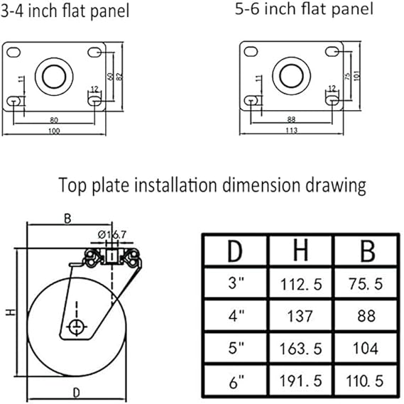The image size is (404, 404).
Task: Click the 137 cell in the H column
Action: click(x=300, y=316)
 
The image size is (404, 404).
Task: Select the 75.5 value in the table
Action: click(x=366, y=284)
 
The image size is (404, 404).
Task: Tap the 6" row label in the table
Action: click(x=236, y=382)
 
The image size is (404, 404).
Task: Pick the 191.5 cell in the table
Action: click(x=300, y=381)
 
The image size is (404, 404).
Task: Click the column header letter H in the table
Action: click(x=300, y=250)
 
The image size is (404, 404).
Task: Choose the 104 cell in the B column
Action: click(x=366, y=349)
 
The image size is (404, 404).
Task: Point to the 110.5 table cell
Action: click(x=364, y=381)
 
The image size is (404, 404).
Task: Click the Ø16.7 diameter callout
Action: click(x=112, y=235)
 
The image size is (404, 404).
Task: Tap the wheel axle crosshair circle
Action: click(x=77, y=327)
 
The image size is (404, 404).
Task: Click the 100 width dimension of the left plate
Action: click(x=54, y=131)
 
